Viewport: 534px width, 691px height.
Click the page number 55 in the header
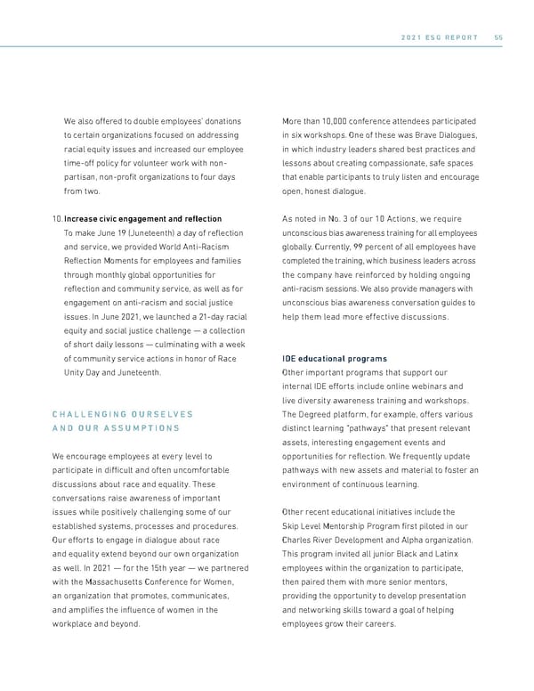click(498, 37)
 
